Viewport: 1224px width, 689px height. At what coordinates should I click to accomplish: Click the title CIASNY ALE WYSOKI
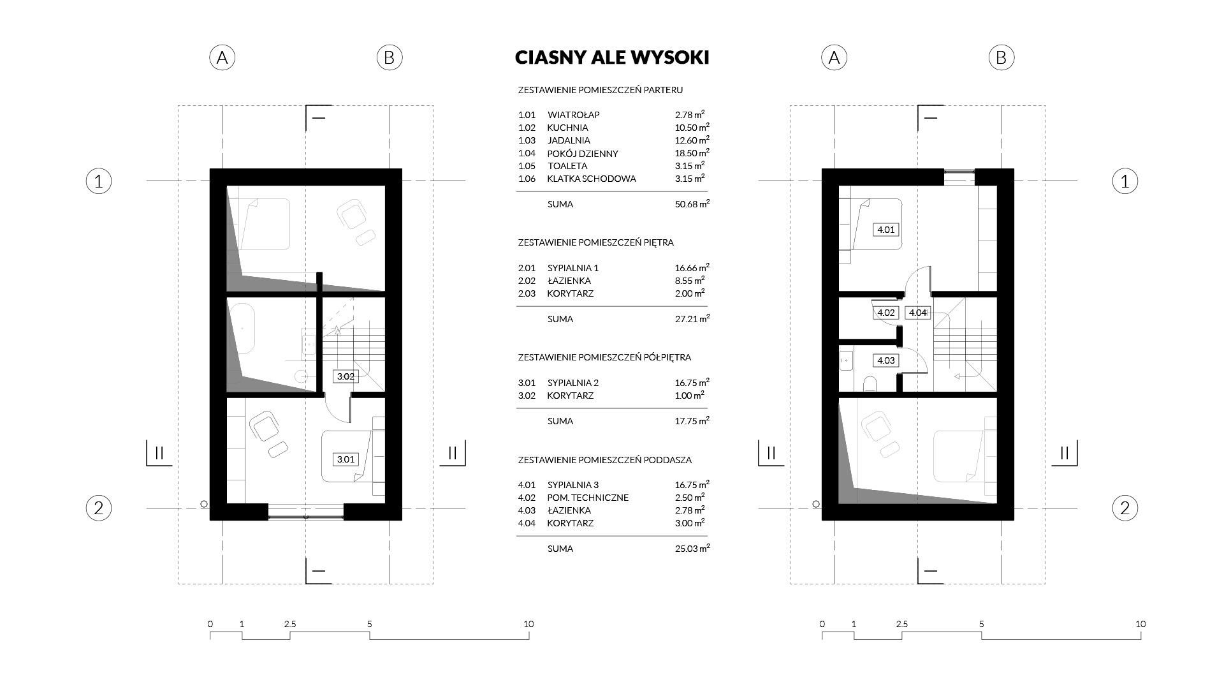(x=612, y=57)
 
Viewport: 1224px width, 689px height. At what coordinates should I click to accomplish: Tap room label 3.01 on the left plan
(x=346, y=459)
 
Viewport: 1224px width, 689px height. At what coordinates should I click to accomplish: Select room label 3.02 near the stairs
(x=346, y=376)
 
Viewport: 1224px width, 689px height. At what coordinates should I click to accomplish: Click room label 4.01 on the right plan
(x=886, y=230)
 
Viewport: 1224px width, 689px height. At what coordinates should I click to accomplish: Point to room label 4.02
(x=886, y=313)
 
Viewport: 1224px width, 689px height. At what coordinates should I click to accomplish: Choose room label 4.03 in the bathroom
(x=886, y=360)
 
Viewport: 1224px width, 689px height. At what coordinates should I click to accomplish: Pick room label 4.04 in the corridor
(x=917, y=313)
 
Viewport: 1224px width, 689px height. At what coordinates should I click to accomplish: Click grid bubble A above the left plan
(x=222, y=57)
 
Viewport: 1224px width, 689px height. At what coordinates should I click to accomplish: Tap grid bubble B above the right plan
(x=1001, y=57)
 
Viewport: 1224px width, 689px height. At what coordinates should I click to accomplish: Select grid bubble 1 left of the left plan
(x=99, y=181)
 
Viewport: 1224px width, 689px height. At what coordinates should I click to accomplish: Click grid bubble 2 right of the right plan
(x=1125, y=508)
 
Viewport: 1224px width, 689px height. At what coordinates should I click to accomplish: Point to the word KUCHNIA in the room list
(x=567, y=128)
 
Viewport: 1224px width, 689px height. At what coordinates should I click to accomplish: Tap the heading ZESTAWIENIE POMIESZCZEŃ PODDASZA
(x=604, y=459)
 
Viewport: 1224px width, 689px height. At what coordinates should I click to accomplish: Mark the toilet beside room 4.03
(x=869, y=383)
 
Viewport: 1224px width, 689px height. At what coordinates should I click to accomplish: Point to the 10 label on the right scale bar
(x=1140, y=624)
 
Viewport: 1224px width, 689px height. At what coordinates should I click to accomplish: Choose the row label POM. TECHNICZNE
(x=587, y=498)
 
